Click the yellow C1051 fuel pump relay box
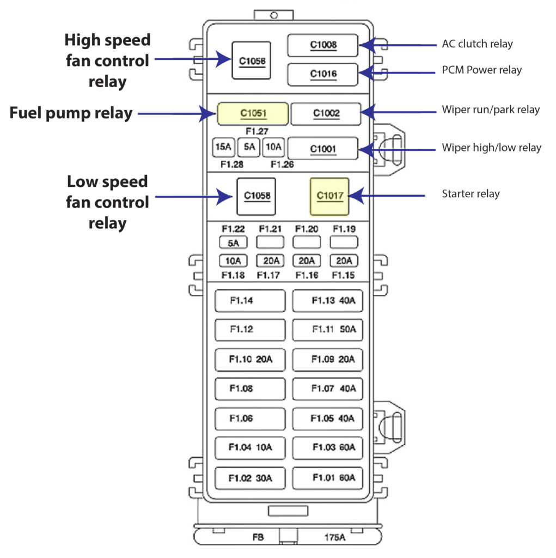[253, 114]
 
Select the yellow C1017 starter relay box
[329, 196]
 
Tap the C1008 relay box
[323, 45]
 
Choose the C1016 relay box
[323, 74]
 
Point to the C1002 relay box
[326, 114]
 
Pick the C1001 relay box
[322, 148]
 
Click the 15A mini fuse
[223, 147]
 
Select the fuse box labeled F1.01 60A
[328, 478]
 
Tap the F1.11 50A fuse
[328, 329]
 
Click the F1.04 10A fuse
[250, 448]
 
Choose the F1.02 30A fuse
[250, 478]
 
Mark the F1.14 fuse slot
[250, 300]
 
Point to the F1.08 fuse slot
[250, 389]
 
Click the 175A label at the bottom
[334, 537]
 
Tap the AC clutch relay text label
[477, 44]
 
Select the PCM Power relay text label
[481, 70]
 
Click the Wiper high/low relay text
[491, 148]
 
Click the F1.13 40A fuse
[328, 300]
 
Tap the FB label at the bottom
[258, 537]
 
